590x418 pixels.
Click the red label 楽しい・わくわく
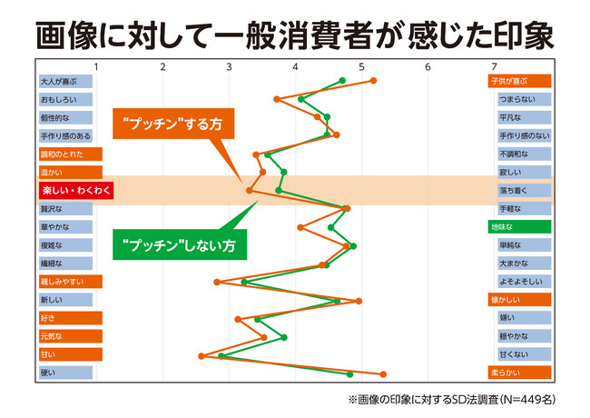point(69,191)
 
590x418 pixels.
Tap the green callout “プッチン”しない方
point(179,244)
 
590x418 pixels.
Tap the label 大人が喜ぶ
point(65,81)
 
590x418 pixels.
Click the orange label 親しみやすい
point(69,282)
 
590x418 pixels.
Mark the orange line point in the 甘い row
point(202,355)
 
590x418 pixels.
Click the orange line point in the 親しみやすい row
point(216,282)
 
